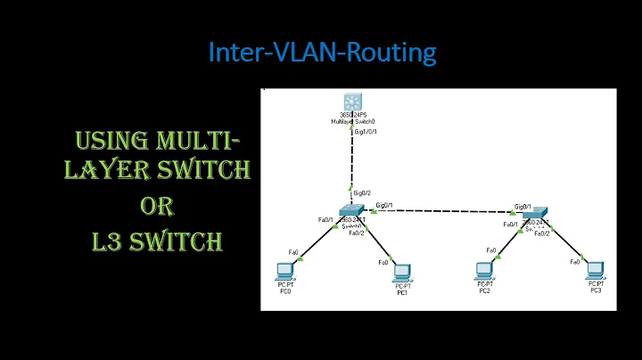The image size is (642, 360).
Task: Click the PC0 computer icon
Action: pyautogui.click(x=284, y=270)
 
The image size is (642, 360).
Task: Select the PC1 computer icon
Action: pyautogui.click(x=402, y=271)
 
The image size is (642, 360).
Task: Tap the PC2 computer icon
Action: pyautogui.click(x=484, y=270)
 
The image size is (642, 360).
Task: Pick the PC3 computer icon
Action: pyautogui.click(x=595, y=270)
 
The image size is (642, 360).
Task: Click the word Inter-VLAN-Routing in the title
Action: pyautogui.click(x=322, y=53)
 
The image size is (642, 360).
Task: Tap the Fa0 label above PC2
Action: pyautogui.click(x=491, y=250)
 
